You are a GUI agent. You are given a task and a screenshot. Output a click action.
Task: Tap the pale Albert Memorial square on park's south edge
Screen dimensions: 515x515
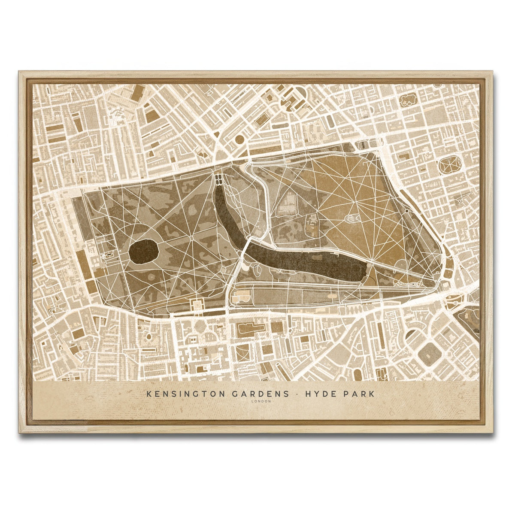(x=196, y=304)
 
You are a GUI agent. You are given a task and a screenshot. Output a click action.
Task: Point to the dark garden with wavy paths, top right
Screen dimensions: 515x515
(x=408, y=101)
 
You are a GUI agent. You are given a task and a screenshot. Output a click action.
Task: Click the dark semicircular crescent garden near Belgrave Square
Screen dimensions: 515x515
(x=411, y=333)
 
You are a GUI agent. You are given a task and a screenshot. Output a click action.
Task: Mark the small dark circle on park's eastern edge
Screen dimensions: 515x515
(x=406, y=211)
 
